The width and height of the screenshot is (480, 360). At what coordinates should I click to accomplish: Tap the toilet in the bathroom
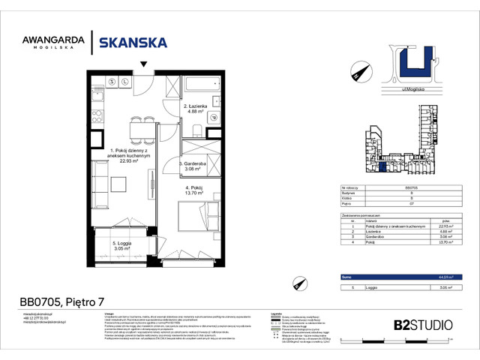(213, 115)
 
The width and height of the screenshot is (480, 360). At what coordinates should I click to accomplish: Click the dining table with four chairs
(137, 133)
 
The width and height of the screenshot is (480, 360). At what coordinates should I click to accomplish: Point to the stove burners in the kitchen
(111, 81)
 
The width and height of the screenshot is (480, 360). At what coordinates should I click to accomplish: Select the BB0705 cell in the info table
(411, 187)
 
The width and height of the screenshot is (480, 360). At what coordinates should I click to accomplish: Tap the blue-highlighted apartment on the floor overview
(382, 166)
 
